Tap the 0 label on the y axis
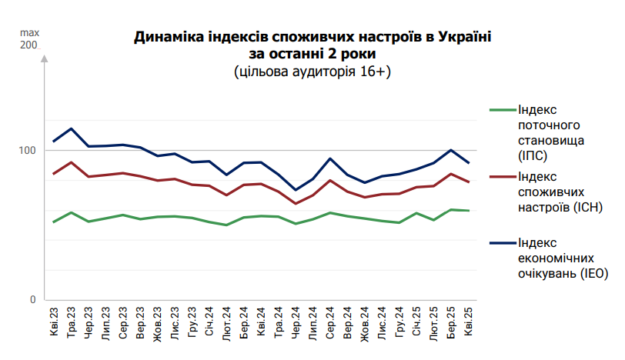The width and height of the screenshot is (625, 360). pos(33,299)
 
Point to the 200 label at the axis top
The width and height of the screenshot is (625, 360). pos(28,45)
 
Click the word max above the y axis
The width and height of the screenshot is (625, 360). pos(29,33)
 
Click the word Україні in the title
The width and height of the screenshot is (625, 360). pos(459,36)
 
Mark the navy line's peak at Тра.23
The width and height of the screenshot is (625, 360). pos(72,128)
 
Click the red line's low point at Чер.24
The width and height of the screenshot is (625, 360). pos(296,204)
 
